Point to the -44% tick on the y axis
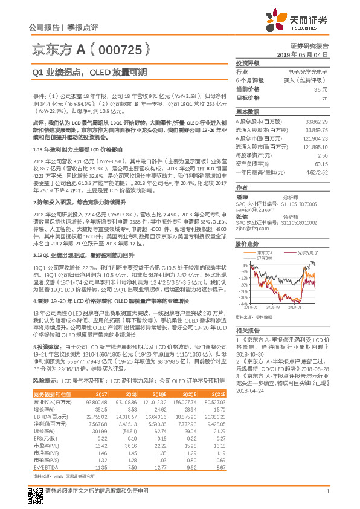[243, 303]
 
